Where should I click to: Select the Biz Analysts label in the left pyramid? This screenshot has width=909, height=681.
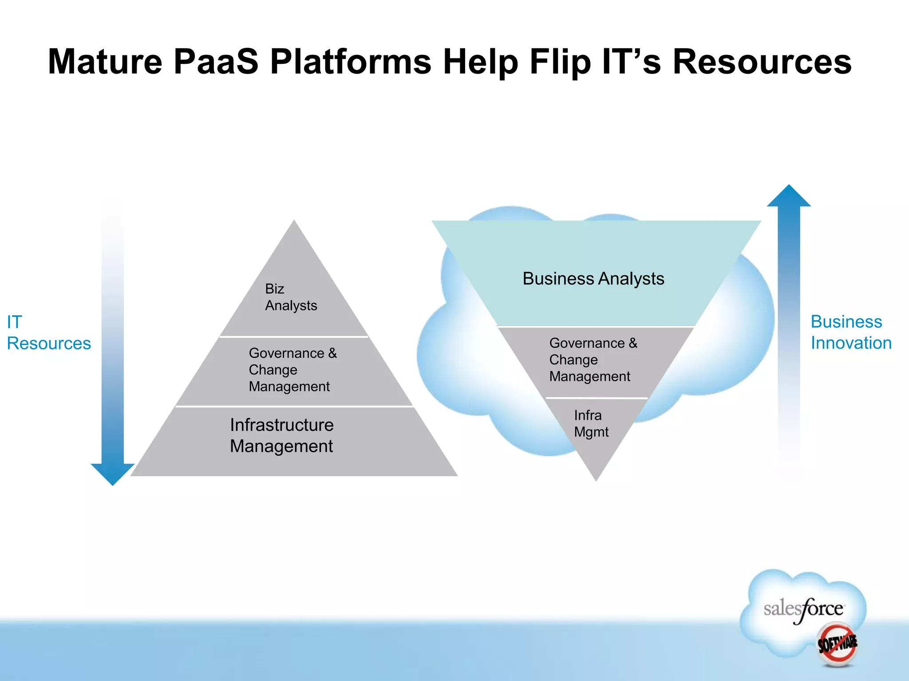coord(291,297)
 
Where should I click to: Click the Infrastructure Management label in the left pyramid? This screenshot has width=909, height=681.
coord(281,435)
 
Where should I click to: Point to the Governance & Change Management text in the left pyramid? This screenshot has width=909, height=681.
coord(292,370)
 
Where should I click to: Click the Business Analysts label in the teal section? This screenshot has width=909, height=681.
coord(593,279)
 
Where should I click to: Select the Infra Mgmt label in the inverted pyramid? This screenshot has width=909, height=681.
coord(591,423)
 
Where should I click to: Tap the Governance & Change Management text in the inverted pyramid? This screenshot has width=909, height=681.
coord(593,360)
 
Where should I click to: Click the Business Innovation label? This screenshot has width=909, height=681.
coord(850,332)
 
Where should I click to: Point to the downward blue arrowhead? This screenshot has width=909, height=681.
coord(113,474)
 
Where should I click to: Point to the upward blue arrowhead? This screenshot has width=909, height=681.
coord(789,197)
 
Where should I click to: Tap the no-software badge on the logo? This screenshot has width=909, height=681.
coord(837,644)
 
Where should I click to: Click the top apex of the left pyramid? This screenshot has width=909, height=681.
coord(294,223)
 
